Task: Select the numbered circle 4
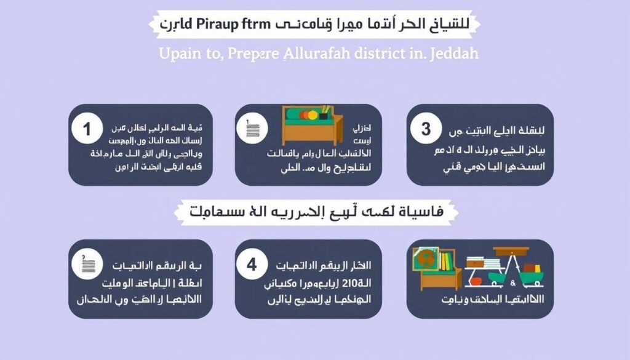click(252, 265)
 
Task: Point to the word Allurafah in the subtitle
click(321, 54)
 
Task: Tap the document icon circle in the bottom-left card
click(87, 265)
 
